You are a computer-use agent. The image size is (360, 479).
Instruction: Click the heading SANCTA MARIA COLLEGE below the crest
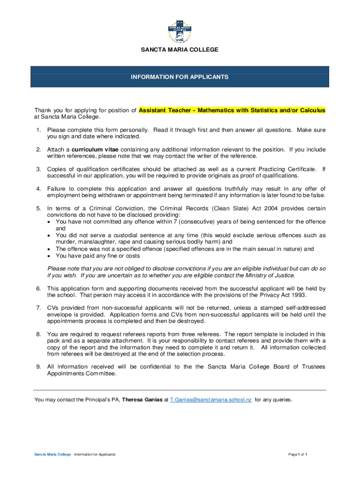[180, 50]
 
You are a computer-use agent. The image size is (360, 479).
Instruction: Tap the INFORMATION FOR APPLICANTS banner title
[180, 76]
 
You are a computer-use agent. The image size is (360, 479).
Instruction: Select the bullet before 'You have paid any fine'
[49, 256]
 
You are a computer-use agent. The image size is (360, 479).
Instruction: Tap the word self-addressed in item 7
[307, 308]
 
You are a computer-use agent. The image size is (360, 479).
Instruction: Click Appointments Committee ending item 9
[81, 374]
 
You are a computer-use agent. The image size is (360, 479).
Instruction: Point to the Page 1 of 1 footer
[297, 454]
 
